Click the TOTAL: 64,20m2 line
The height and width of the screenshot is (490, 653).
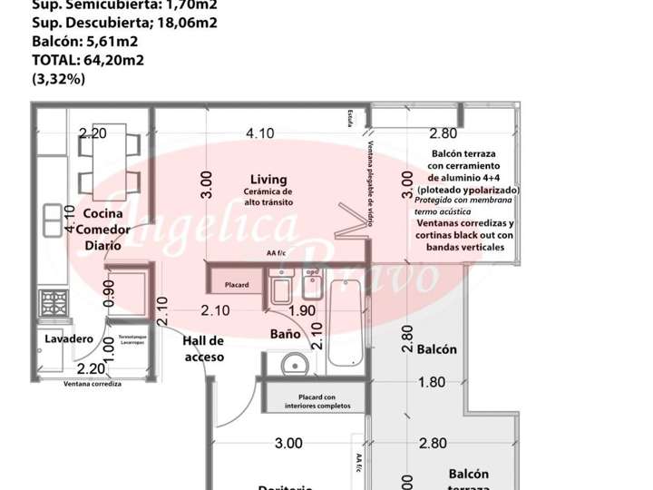tap(89, 61)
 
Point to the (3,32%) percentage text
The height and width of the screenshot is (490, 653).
tap(59, 79)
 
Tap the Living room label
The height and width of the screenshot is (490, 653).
tap(268, 179)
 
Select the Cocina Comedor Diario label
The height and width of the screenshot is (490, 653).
tap(102, 229)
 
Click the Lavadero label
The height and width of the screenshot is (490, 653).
tap(69, 338)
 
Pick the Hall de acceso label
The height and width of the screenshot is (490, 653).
tap(203, 348)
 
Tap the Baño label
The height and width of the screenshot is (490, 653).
tap(285, 334)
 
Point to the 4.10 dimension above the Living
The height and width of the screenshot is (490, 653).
tap(259, 132)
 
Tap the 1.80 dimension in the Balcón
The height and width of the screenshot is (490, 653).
tap(432, 382)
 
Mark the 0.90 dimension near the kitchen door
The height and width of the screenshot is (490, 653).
tap(110, 293)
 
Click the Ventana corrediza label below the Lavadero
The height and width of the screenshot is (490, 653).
tap(92, 384)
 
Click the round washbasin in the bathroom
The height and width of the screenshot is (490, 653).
tap(294, 367)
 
